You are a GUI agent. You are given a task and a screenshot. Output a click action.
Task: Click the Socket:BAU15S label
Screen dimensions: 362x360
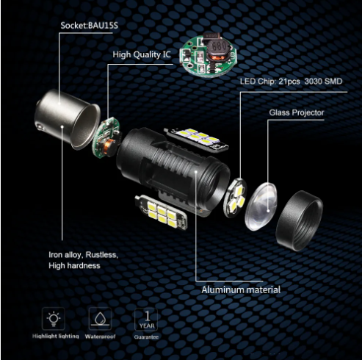point(90,26)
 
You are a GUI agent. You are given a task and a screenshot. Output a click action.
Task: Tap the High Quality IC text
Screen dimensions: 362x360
point(142,54)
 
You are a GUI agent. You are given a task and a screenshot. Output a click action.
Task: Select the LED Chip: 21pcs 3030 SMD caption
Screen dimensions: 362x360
point(291,82)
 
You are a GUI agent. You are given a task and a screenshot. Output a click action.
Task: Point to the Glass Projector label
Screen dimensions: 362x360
point(297,112)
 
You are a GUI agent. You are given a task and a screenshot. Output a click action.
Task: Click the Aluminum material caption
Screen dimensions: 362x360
point(241,290)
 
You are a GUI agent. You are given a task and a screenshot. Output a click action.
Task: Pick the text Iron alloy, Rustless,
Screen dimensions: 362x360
point(84,255)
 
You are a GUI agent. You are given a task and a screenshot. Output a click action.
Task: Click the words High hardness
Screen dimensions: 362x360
point(74,266)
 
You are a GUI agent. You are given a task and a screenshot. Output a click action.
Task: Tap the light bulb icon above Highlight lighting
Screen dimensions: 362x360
point(54,319)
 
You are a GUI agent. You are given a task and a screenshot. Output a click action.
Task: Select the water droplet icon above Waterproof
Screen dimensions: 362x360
point(100,319)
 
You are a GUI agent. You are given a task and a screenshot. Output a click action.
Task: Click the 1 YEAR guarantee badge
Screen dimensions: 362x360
point(146,320)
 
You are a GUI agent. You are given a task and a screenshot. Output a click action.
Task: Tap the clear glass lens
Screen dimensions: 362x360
point(261,206)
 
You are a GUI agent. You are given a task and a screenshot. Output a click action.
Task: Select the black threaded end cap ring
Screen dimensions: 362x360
point(300,221)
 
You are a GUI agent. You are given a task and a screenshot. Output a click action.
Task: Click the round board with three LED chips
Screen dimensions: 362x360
point(235,198)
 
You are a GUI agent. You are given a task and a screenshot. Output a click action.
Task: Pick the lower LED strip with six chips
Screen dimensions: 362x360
point(162,212)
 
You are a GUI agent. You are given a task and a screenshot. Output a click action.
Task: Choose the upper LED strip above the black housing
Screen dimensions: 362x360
point(196,138)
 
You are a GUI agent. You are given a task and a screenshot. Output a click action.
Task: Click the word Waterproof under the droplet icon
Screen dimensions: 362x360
point(100,336)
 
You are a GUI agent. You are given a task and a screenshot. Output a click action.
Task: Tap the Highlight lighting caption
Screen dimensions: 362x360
point(56,336)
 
